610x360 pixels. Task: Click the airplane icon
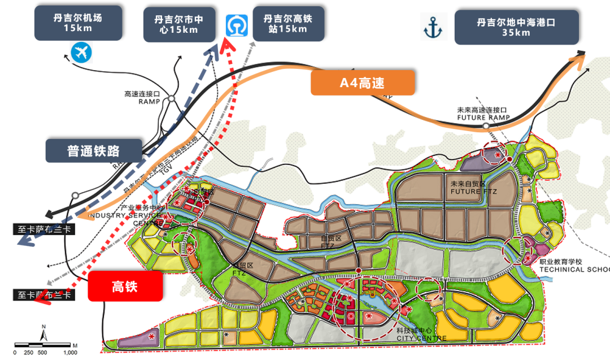[81, 53]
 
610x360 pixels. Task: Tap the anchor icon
[434, 27]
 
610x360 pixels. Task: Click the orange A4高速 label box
[363, 83]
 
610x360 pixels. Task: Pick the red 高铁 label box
[125, 287]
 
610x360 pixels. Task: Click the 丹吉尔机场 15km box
[79, 23]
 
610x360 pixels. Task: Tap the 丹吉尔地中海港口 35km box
[516, 27]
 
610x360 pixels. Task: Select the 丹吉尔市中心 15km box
[178, 24]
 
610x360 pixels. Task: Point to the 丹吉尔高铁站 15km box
[288, 23]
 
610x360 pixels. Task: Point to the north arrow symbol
[44, 333]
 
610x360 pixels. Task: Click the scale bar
[45, 344]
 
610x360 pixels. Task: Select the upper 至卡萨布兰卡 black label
[41, 230]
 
